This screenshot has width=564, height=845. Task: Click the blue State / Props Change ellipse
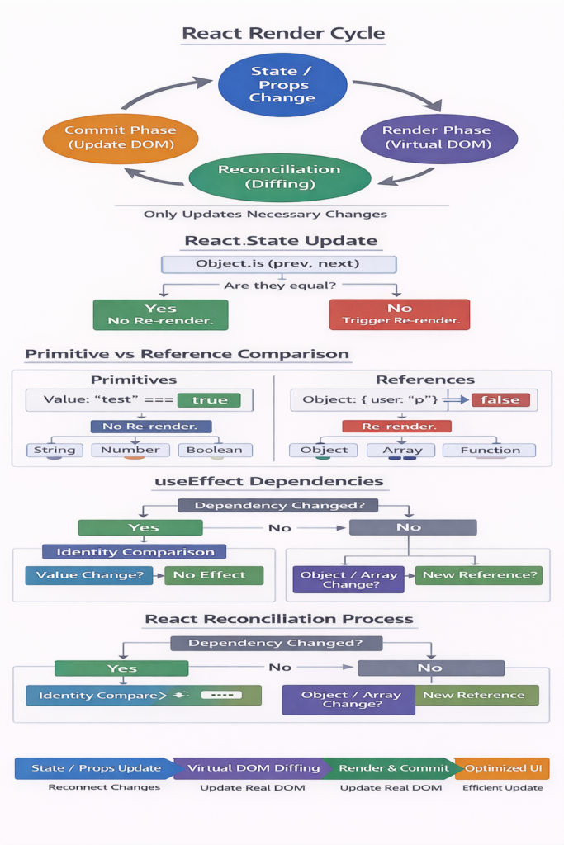point(282,85)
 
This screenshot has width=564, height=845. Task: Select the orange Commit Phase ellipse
point(120,138)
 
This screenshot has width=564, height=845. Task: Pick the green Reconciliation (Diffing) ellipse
point(279,177)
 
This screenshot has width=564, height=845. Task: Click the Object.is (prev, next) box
point(278,264)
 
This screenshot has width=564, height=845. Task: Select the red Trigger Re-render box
point(399,314)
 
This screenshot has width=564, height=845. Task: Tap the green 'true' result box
point(209,400)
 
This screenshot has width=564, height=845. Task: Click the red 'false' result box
point(500,400)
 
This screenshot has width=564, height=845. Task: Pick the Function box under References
point(489,451)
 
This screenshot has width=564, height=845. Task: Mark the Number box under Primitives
point(130,451)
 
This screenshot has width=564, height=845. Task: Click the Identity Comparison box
point(135,552)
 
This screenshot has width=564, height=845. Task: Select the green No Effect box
point(214,576)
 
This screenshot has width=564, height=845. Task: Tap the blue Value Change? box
point(89,576)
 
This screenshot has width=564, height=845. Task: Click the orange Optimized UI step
point(503,768)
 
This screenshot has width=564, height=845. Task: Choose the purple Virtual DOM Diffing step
point(253,768)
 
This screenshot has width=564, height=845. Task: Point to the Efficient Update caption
point(502,788)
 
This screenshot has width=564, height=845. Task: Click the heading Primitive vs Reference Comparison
point(187,355)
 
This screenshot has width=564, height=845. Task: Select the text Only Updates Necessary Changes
point(265,215)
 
